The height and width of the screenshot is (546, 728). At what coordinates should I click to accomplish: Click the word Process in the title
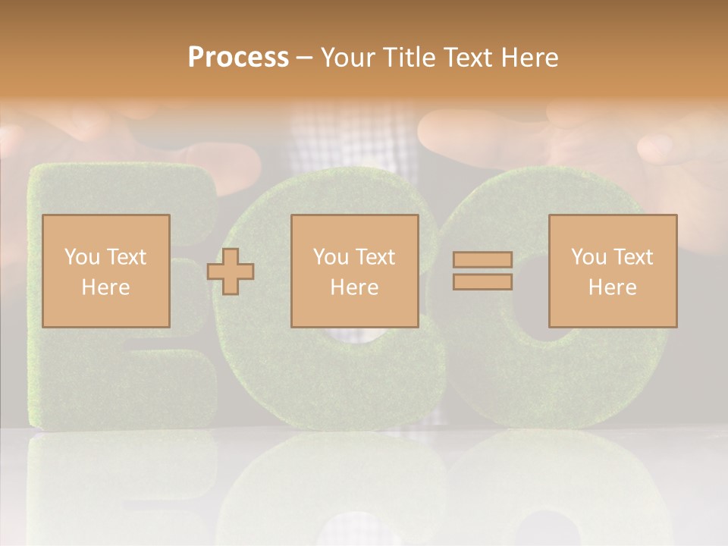pyautogui.click(x=238, y=57)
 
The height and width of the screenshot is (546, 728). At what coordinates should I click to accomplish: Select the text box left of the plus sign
pyautogui.click(x=105, y=271)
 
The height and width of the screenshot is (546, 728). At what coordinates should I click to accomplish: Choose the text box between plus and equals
pyautogui.click(x=354, y=271)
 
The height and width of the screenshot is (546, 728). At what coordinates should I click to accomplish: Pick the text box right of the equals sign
pyautogui.click(x=612, y=271)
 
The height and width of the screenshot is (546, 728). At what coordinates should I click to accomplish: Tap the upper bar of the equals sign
pyautogui.click(x=482, y=259)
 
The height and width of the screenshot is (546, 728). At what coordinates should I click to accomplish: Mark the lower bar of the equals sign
pyautogui.click(x=482, y=282)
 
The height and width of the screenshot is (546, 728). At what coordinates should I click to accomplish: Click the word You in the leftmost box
pyautogui.click(x=81, y=257)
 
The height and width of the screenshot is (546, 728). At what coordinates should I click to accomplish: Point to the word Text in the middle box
pyautogui.click(x=375, y=257)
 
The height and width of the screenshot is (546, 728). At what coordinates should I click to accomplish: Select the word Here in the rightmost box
pyautogui.click(x=612, y=287)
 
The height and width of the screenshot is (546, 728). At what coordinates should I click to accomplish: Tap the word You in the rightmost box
pyautogui.click(x=588, y=257)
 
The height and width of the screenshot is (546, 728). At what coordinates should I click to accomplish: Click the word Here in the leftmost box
pyautogui.click(x=105, y=287)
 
